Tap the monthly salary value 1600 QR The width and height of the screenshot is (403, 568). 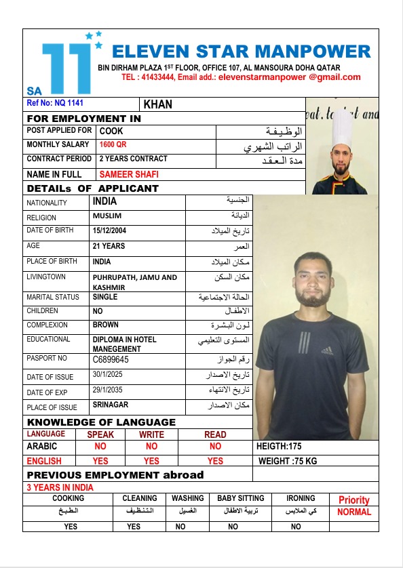pyautogui.click(x=113, y=144)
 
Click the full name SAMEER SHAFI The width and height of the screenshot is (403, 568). pyautogui.click(x=129, y=174)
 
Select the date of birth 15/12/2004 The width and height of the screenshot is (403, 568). pyautogui.click(x=109, y=230)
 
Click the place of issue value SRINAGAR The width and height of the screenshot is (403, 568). pyautogui.click(x=111, y=405)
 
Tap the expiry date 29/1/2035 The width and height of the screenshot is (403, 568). pyautogui.click(x=109, y=390)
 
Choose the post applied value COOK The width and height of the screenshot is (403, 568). pyautogui.click(x=111, y=130)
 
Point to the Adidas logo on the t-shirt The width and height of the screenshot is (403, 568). pyautogui.click(x=327, y=350)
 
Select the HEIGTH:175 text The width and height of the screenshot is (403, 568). pyautogui.click(x=279, y=447)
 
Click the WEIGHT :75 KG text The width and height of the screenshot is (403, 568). pyautogui.click(x=288, y=461)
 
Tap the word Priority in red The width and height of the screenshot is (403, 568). pyautogui.click(x=353, y=500)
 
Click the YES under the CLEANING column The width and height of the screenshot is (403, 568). pyautogui.click(x=134, y=526)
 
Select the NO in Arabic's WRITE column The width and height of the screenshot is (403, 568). pyautogui.click(x=151, y=447)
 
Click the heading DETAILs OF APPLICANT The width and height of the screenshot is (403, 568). pyautogui.click(x=92, y=188)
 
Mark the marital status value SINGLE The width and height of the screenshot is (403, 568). pyautogui.click(x=105, y=297)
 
